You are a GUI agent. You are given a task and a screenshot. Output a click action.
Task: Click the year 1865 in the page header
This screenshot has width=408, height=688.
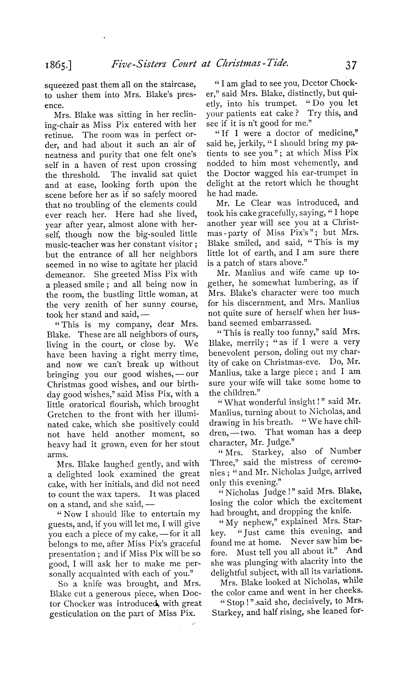pos(57,66)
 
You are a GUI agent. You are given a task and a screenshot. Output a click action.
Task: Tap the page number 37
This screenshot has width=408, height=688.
pos(351,65)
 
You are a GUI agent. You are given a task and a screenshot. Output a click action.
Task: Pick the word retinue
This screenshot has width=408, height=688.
pos(58,135)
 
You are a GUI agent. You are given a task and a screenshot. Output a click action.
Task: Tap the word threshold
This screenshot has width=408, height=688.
pos(83,174)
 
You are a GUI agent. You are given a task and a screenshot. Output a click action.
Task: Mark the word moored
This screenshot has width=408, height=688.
pos(183,194)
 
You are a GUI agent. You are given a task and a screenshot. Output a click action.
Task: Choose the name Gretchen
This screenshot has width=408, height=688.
pos(65,414)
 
